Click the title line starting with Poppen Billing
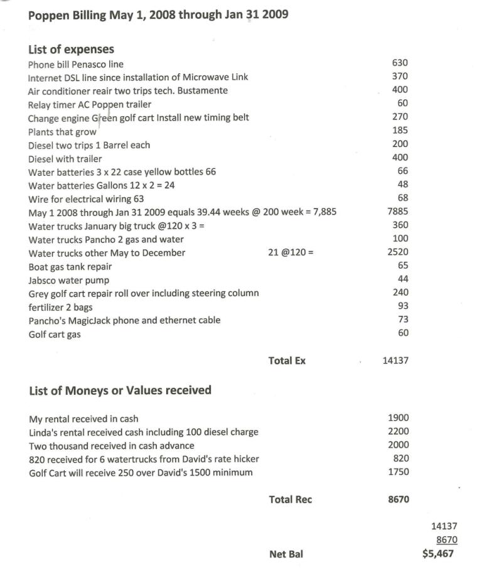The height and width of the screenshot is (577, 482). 158,14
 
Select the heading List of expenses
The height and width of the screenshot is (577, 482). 71,49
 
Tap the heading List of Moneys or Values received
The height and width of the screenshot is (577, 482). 120,391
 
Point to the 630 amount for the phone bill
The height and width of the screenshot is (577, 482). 400,63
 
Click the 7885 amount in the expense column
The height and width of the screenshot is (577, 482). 398,212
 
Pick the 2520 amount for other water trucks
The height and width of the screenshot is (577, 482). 398,252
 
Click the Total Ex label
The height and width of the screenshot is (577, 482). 287,361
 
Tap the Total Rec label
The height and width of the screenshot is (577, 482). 290,500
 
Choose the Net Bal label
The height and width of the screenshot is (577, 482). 286,554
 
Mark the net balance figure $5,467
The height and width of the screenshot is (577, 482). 438,554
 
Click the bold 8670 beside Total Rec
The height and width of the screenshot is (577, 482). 398,500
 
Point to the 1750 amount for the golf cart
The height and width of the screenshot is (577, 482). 399,472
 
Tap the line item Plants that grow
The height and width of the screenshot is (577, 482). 62,132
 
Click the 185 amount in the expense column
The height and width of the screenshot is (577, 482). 400,131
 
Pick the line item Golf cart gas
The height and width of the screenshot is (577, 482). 55,335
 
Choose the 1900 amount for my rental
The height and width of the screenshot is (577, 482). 399,418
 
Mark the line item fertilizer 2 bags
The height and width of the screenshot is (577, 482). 60,307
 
